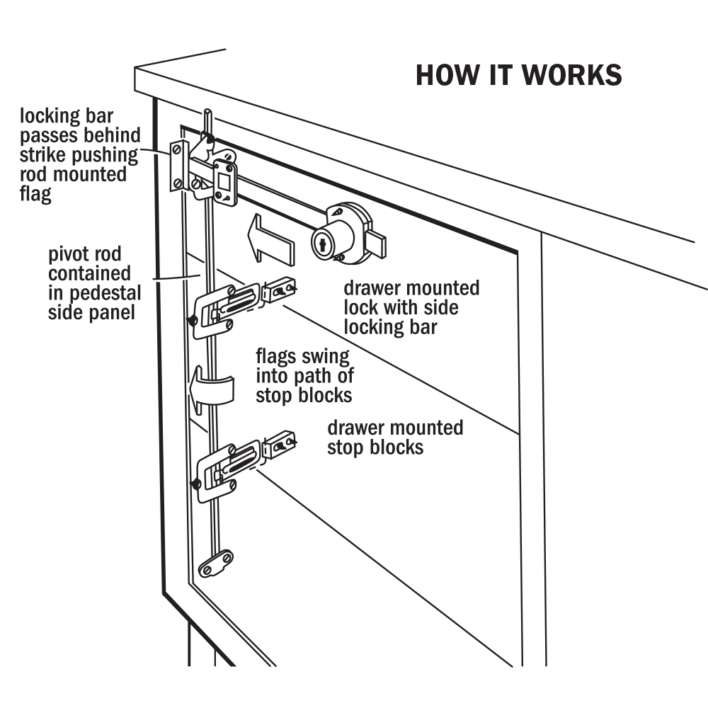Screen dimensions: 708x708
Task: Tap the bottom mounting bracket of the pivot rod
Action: (x=216, y=564)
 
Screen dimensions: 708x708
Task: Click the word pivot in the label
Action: (x=69, y=253)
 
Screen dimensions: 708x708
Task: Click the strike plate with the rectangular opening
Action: (x=225, y=181)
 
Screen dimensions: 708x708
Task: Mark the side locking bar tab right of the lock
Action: (x=377, y=245)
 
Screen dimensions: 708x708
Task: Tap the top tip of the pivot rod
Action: (x=207, y=113)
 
